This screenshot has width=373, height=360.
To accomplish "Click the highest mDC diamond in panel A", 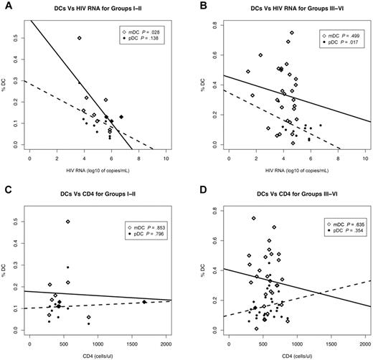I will tap(79, 38).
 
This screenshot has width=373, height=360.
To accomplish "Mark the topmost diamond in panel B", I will tap(291, 32).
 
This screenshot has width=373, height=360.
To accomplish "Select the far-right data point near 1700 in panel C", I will tap(144, 302).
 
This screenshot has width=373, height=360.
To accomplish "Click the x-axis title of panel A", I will tap(98, 176).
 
